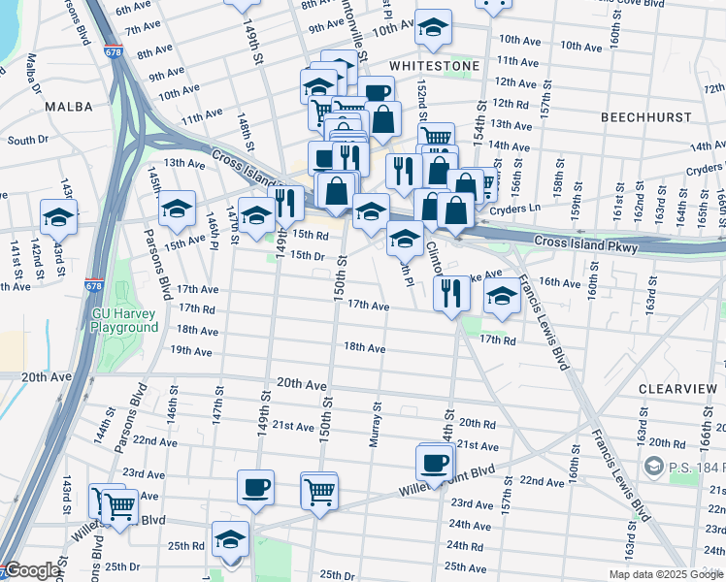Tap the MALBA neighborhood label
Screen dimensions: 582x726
(x=69, y=107)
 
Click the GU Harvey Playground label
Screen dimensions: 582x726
(x=124, y=320)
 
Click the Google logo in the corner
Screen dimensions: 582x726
(x=32, y=571)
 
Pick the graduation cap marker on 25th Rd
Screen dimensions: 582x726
(x=231, y=540)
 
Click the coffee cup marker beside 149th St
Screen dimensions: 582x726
(x=255, y=487)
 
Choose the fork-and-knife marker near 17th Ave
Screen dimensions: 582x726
(x=449, y=293)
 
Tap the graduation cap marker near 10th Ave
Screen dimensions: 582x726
(x=433, y=28)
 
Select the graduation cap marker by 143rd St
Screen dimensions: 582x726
(x=59, y=218)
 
